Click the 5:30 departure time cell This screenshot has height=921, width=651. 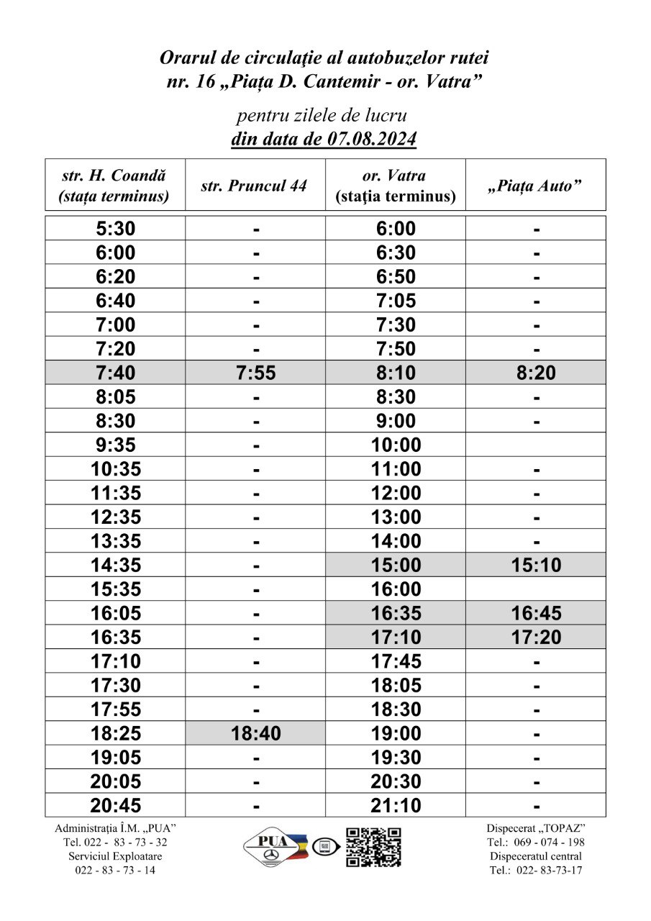(115, 229)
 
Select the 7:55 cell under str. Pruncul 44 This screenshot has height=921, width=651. (255, 373)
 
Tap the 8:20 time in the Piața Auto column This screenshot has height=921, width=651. (536, 373)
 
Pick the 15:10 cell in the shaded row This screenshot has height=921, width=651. (536, 566)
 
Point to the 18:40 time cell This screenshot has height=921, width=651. (255, 734)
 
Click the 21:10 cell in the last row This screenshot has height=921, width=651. (396, 806)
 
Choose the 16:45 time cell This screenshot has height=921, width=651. (536, 614)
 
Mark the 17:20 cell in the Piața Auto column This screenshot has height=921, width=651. (536, 638)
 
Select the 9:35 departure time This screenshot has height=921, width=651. (115, 445)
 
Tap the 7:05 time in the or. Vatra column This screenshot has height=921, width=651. (396, 301)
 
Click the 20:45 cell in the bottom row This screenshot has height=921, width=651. (115, 806)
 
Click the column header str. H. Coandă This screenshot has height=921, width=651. (114, 186)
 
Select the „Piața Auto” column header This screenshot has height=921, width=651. (535, 186)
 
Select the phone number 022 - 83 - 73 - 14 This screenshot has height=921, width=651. (115, 870)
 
